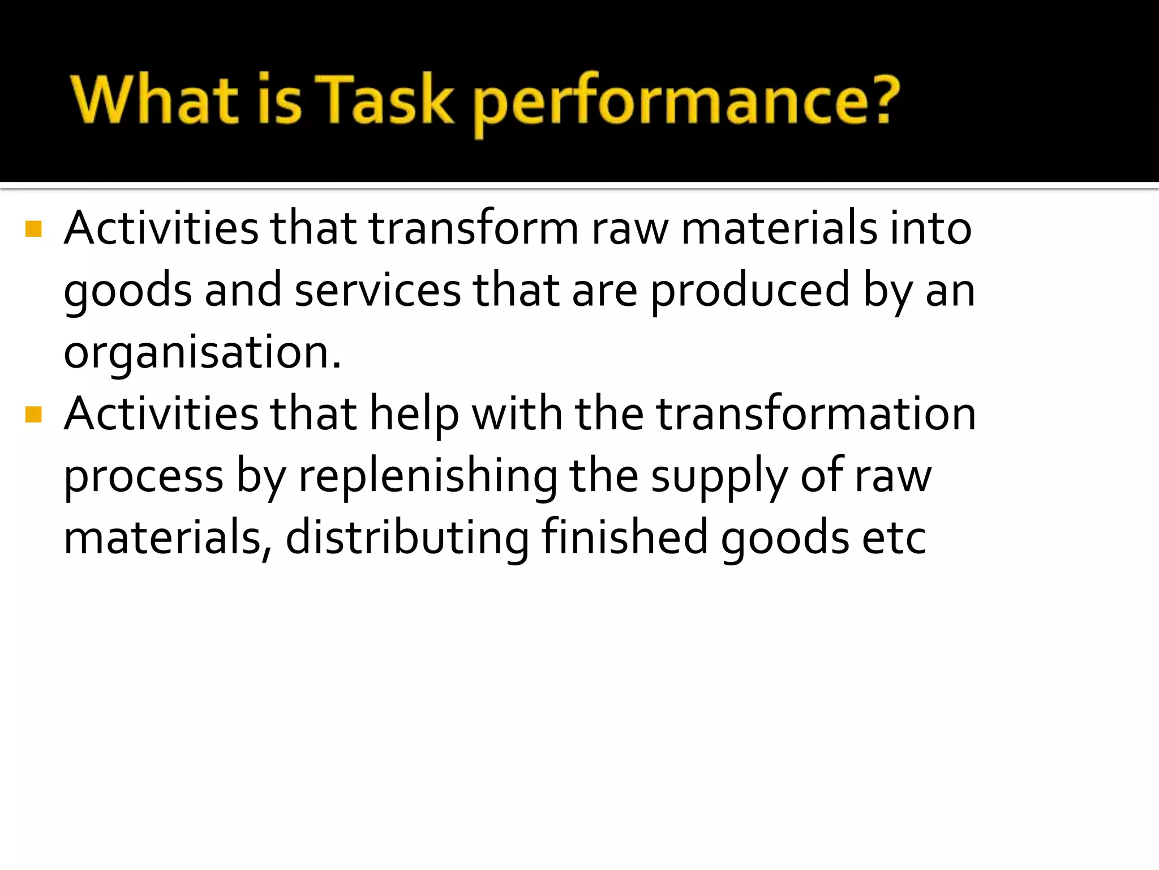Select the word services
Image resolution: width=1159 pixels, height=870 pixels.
(377, 290)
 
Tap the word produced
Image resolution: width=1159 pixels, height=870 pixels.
(750, 290)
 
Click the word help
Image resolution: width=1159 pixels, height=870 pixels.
(414, 414)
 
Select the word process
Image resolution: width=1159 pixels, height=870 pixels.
(143, 476)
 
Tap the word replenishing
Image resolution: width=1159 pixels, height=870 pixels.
(428, 476)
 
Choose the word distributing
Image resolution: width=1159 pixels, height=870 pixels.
(407, 538)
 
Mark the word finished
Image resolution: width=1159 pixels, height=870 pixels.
(624, 538)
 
